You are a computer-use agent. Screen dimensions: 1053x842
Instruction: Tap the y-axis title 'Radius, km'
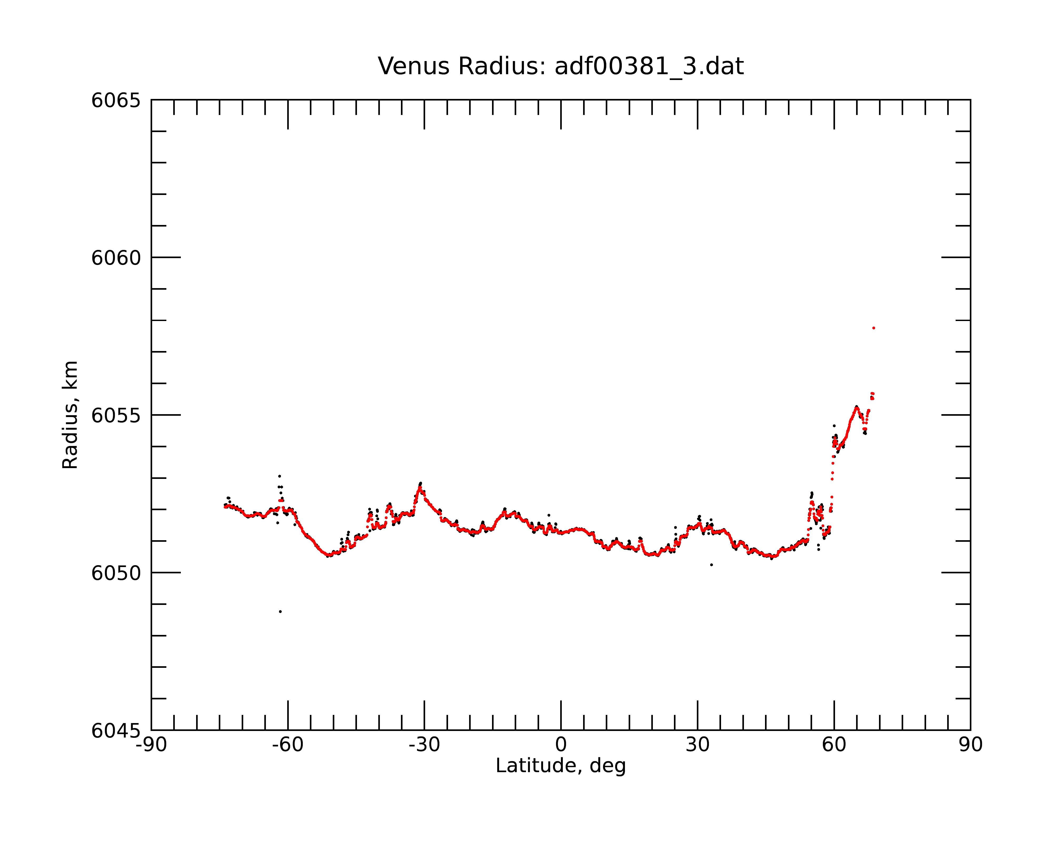[x=70, y=415]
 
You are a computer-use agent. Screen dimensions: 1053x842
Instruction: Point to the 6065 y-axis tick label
[x=116, y=101]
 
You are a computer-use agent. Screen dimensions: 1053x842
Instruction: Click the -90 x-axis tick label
[x=151, y=745]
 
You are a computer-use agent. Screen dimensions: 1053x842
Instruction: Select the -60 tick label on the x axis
[x=288, y=745]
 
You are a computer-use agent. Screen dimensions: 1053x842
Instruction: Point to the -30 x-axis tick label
[x=424, y=745]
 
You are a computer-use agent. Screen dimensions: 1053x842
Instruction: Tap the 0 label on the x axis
[x=561, y=745]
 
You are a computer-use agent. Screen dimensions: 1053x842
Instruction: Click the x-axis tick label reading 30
[x=697, y=745]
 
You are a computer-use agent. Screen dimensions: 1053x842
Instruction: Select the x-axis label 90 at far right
[x=970, y=745]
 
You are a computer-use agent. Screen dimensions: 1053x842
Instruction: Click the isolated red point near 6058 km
[x=874, y=328]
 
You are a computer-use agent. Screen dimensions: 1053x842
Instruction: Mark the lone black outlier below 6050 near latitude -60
[x=280, y=612]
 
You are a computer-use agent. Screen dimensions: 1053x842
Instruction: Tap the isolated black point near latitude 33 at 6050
[x=712, y=565]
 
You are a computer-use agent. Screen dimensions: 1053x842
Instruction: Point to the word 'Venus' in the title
[x=414, y=66]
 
